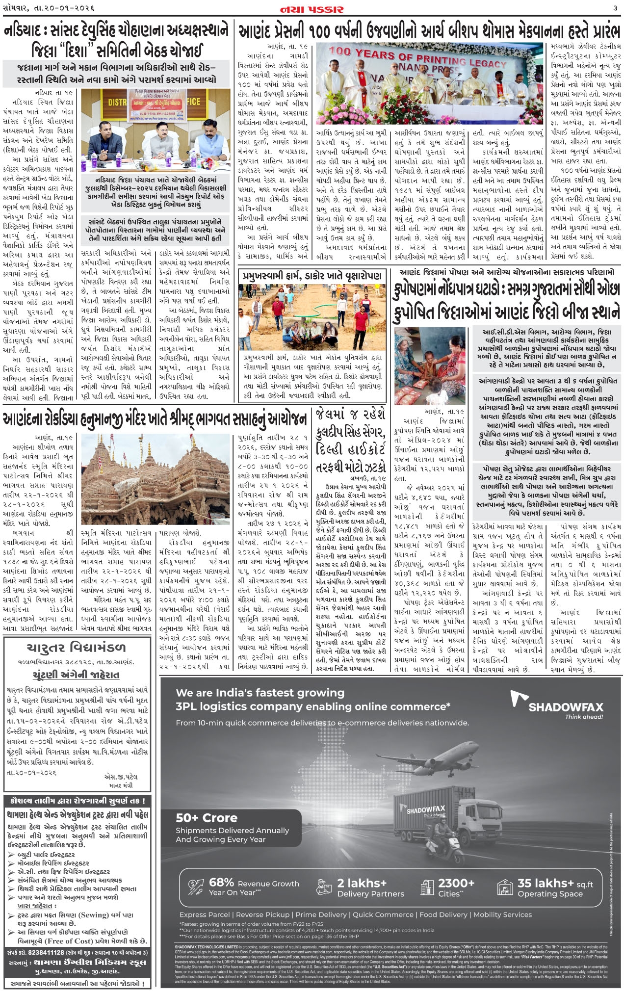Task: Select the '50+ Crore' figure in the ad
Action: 207,818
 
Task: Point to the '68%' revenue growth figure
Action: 221,882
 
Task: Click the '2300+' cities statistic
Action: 456,883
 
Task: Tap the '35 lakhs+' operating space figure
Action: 546,883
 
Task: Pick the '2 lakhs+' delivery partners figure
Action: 362,883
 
